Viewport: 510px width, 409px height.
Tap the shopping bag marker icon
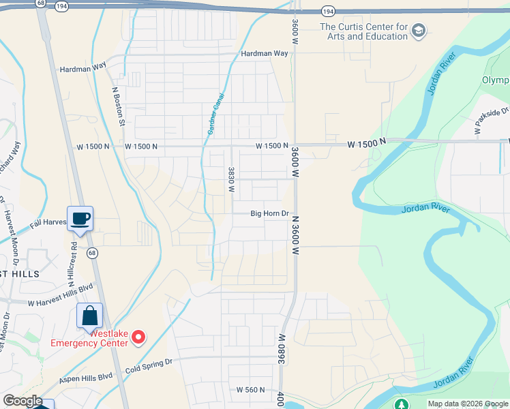pos(89,316)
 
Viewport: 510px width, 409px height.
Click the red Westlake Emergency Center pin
pos(138,337)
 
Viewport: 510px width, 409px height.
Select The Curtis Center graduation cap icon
pos(419,31)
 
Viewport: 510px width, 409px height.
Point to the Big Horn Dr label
pos(271,213)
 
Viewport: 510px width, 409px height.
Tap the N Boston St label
pos(119,106)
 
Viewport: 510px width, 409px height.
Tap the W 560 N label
pos(250,390)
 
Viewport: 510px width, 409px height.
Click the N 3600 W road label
pos(297,234)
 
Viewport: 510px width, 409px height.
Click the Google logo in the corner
pos(22,401)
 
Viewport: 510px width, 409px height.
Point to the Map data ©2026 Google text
pos(468,404)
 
